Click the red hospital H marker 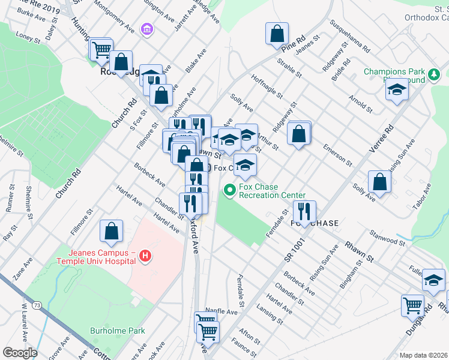pyautogui.click(x=144, y=257)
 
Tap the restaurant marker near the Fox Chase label pyautogui.click(x=304, y=211)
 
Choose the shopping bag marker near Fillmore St pyautogui.click(x=111, y=230)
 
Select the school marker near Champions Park pyautogui.click(x=396, y=91)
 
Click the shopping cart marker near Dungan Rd pyautogui.click(x=412, y=305)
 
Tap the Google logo pyautogui.click(x=20, y=352)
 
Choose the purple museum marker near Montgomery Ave pyautogui.click(x=146, y=29)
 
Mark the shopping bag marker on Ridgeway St pyautogui.click(x=299, y=134)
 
